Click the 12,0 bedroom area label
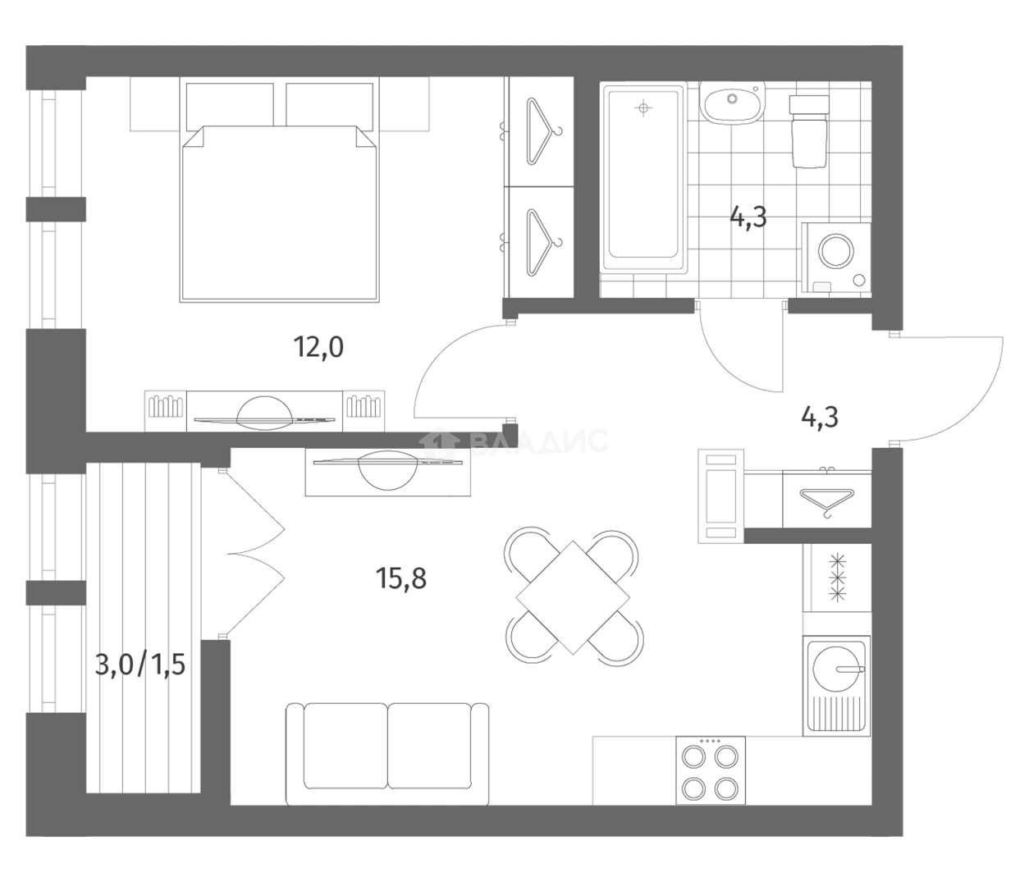coord(318,347)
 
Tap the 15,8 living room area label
coord(401,578)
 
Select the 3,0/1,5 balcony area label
coord(139,665)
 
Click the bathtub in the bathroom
coord(643,179)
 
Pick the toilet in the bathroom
coord(809,131)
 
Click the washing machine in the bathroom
coord(836,258)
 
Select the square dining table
coord(573,597)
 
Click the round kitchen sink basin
coord(836,669)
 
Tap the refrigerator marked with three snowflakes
coord(837,578)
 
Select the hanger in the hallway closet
coord(826,501)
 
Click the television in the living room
coord(387,468)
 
